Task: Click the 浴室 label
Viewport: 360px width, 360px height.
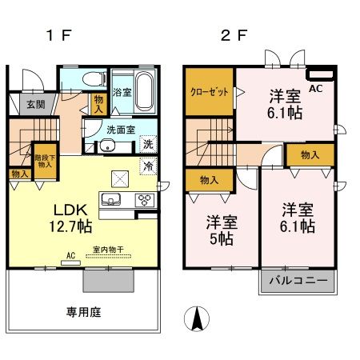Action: tap(122, 93)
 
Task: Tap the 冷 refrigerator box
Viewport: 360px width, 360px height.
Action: tap(148, 166)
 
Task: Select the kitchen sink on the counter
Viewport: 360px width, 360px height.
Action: tap(111, 199)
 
